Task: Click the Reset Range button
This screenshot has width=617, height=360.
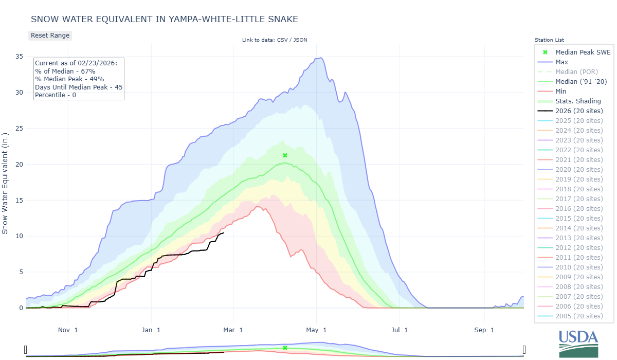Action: (50, 35)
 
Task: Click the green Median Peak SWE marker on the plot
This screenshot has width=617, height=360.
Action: (285, 155)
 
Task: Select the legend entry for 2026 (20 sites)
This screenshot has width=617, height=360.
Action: (579, 111)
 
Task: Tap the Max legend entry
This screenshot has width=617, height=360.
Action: (561, 62)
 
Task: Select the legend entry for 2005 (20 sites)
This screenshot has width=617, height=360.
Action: (579, 316)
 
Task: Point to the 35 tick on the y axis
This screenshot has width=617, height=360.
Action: (18, 57)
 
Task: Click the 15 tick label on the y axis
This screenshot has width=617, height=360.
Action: (18, 200)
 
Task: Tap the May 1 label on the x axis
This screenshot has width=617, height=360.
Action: (317, 330)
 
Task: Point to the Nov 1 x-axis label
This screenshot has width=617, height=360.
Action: (68, 330)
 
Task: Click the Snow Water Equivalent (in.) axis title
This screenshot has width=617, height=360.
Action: (6, 183)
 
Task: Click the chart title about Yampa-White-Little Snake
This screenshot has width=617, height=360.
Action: (165, 19)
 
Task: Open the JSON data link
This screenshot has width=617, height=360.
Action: (301, 40)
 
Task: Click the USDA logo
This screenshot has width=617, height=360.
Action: (578, 343)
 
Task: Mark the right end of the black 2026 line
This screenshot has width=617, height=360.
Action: (224, 233)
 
